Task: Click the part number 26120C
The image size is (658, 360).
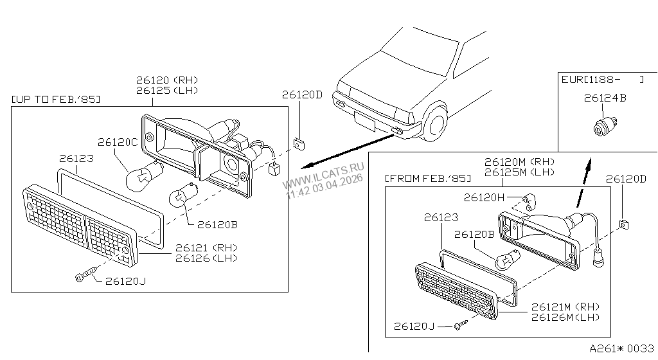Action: [x=118, y=142]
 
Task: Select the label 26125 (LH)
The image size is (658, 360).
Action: [x=167, y=90]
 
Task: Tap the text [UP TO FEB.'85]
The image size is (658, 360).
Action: [x=56, y=100]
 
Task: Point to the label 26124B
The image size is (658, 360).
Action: [x=605, y=98]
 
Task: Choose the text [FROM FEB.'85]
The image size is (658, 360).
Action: [x=428, y=178]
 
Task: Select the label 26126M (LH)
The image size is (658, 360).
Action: [x=565, y=317]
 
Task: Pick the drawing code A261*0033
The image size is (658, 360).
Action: [x=622, y=348]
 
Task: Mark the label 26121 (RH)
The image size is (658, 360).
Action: [x=206, y=248]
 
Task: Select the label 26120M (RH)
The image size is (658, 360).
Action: [x=519, y=161]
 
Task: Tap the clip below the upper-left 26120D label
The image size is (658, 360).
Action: [x=299, y=144]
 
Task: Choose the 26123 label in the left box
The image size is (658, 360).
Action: [x=76, y=158]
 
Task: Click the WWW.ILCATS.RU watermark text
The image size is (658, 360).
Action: [x=323, y=175]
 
